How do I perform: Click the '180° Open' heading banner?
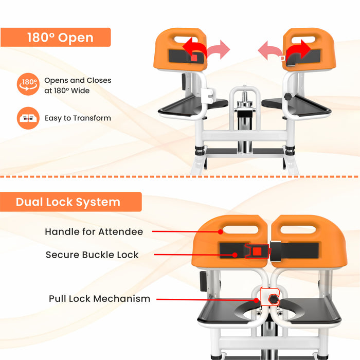pyautogui.click(x=56, y=38)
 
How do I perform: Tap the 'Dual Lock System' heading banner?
pyautogui.click(x=70, y=202)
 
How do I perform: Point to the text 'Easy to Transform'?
pyautogui.click(x=78, y=118)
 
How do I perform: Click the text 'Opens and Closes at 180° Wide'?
pyautogui.click(x=78, y=85)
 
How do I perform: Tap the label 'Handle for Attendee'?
pyautogui.click(x=94, y=232)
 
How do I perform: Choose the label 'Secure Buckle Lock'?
pyautogui.click(x=92, y=255)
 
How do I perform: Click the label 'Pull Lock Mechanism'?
pyautogui.click(x=100, y=298)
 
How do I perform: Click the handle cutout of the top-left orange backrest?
pyautogui.click(x=183, y=39)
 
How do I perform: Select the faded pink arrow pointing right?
pyautogui.click(x=218, y=50)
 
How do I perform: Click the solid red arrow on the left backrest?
pyautogui.click(x=195, y=49)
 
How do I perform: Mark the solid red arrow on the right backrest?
pyautogui.click(x=298, y=50)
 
